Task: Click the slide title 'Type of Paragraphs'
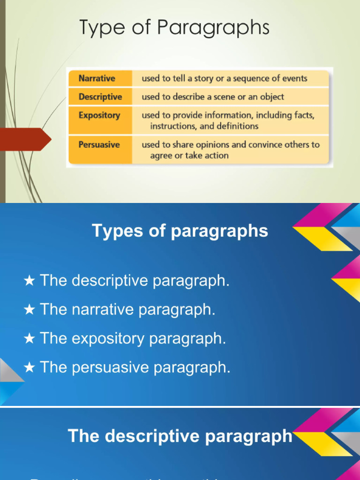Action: pos(174,28)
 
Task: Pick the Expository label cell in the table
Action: pos(99,115)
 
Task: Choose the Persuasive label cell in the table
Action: pos(99,144)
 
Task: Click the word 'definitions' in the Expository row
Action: pos(237,126)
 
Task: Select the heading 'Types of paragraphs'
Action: pos(180,231)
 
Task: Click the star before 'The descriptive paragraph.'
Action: pos(29,281)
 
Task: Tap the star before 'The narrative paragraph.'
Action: pos(29,310)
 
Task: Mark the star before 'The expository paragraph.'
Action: pos(29,339)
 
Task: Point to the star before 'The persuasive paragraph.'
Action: pos(29,368)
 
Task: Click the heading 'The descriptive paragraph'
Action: pos(180,436)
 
